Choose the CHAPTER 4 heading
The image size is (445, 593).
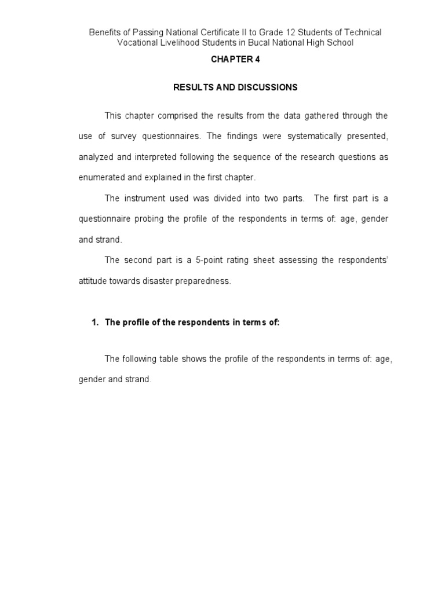[235, 60]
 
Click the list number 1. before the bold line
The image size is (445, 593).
[95, 323]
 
